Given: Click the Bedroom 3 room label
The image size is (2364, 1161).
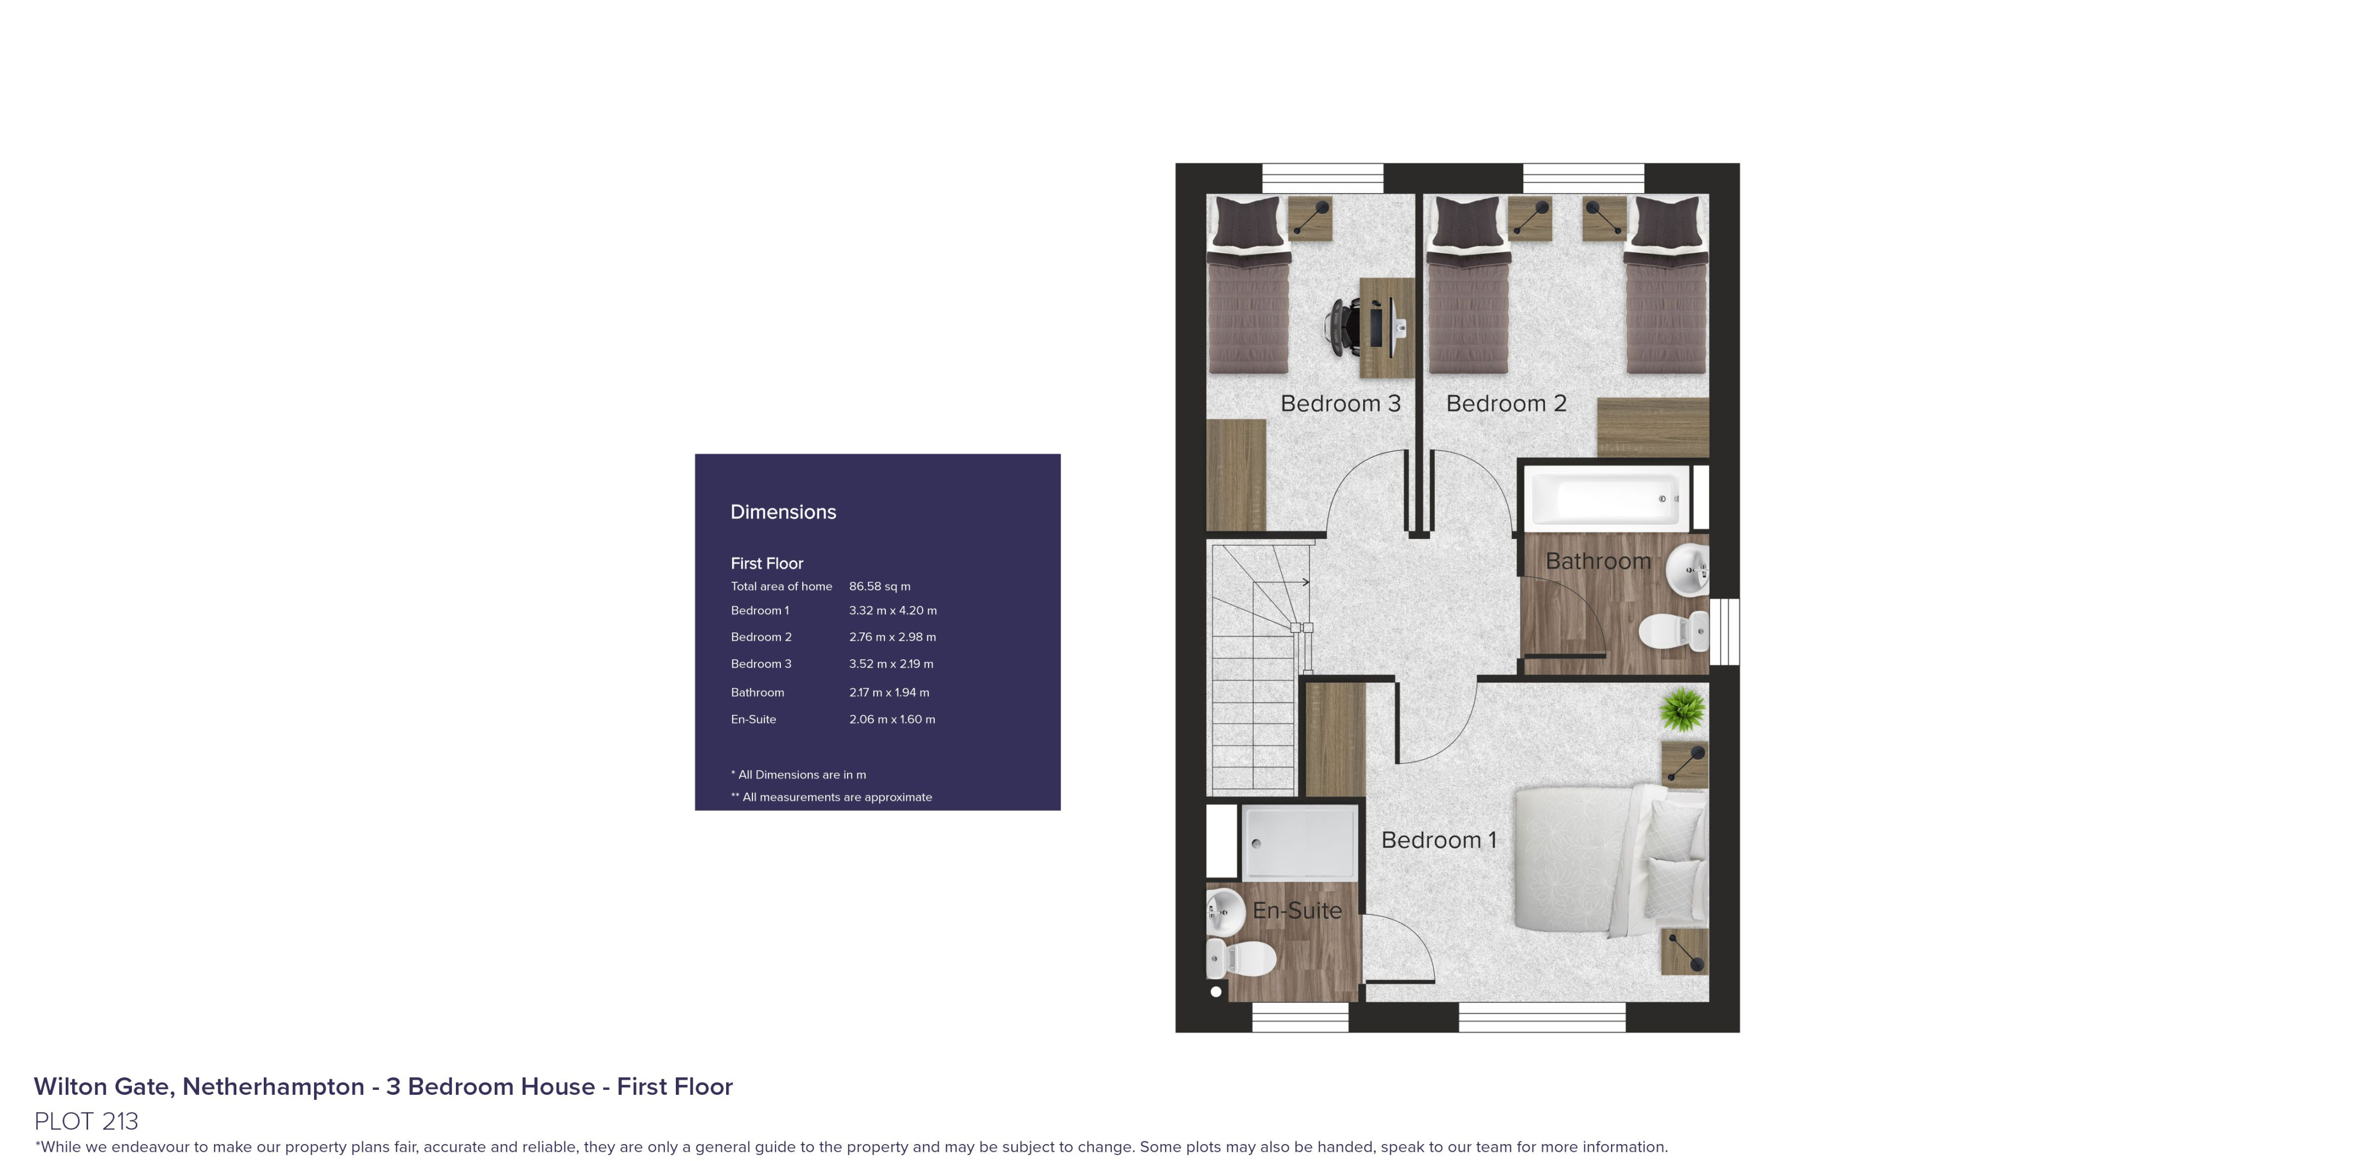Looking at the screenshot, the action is [x=1340, y=404].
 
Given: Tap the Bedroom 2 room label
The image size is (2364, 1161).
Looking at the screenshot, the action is [x=1506, y=404].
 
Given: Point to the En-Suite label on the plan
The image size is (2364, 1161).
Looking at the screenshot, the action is [x=1297, y=910].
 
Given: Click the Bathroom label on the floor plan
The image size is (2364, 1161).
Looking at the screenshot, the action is [x=1598, y=561].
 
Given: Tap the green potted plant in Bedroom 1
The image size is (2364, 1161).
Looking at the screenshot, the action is [x=1683, y=710].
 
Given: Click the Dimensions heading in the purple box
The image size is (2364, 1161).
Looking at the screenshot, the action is [x=783, y=512].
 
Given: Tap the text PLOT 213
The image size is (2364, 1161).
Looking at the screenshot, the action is [x=86, y=1121].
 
